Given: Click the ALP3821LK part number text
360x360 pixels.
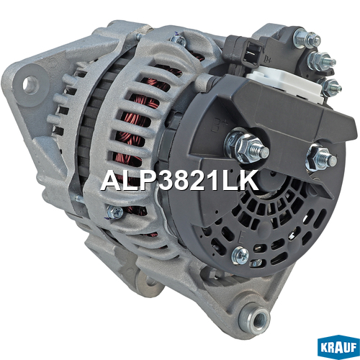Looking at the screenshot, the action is [x=180, y=181].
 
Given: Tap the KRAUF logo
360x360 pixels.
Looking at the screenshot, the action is [x=338, y=347].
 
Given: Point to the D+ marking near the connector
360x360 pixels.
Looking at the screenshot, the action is [x=267, y=58].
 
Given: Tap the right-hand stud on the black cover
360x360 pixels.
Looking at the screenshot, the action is [x=321, y=158].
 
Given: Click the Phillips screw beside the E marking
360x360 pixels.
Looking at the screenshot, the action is [x=240, y=256].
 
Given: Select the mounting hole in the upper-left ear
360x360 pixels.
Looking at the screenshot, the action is [x=30, y=84].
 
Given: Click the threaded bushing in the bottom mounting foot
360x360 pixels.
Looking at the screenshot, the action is [x=257, y=318].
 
